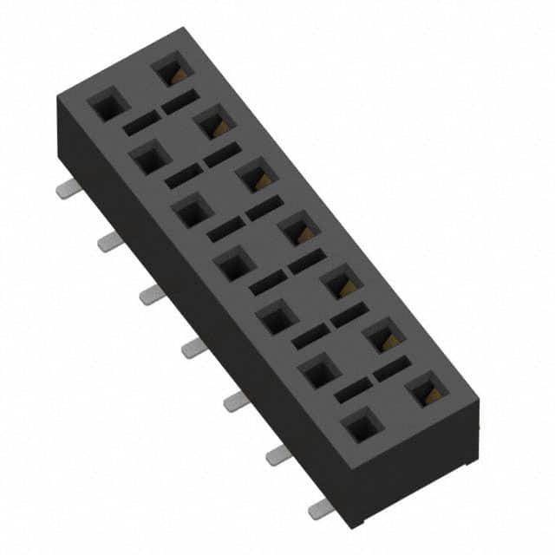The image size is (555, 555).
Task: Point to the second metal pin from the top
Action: click(x=109, y=242)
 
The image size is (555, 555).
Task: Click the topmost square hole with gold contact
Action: click(x=169, y=70)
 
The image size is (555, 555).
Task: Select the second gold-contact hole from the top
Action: click(x=212, y=123)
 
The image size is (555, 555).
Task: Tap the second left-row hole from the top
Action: click(x=148, y=159)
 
